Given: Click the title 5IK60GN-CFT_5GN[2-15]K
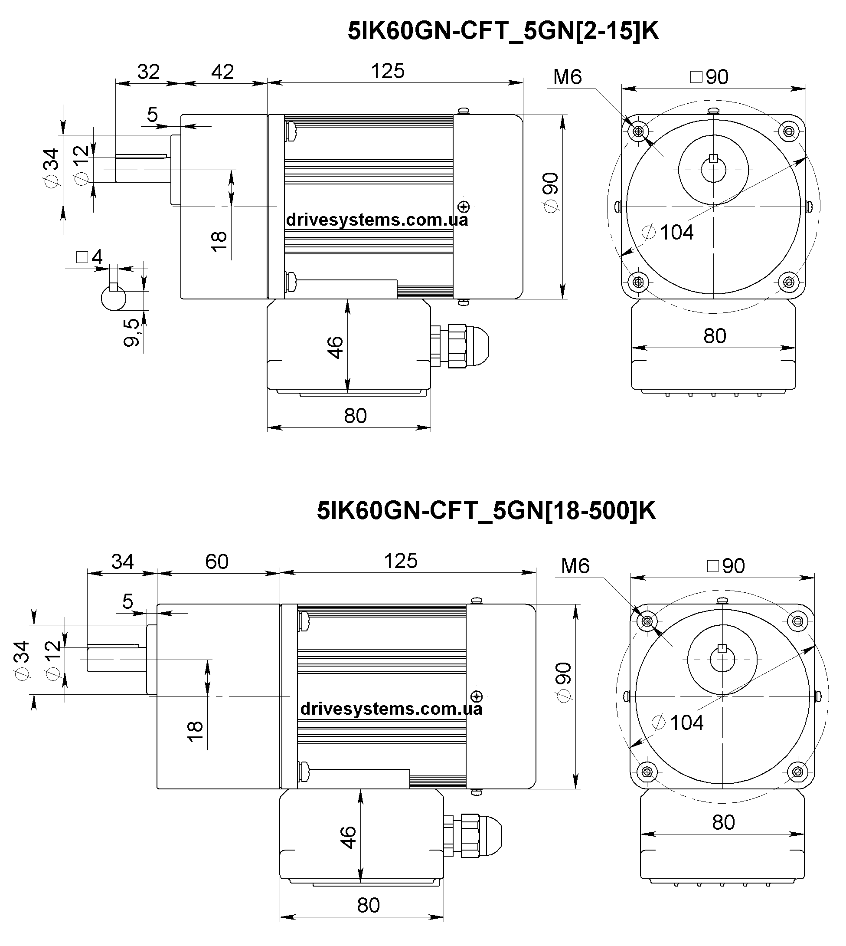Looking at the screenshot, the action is click(x=503, y=31).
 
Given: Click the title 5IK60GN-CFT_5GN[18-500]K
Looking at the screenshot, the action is click(x=486, y=511).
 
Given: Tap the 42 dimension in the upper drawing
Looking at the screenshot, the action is click(x=222, y=72).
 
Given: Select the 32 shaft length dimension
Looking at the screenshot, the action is click(x=148, y=72).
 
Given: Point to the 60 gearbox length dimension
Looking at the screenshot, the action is click(x=217, y=562).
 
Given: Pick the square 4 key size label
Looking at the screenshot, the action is click(x=89, y=257).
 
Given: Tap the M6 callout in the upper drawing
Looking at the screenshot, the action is click(x=568, y=77).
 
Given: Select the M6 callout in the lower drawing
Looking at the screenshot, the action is click(x=575, y=566).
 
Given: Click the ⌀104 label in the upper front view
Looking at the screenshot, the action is click(x=668, y=232).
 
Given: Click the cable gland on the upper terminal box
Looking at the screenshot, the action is click(x=460, y=346).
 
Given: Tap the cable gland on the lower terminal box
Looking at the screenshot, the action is click(x=473, y=836).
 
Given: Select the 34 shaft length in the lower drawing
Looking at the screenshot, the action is click(x=122, y=562).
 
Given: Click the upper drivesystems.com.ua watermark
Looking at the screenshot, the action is click(x=377, y=220).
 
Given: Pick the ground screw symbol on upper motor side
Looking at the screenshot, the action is click(x=464, y=207).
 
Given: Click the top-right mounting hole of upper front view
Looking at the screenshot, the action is click(x=788, y=131).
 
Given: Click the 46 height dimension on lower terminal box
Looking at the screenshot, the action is click(x=348, y=837).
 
